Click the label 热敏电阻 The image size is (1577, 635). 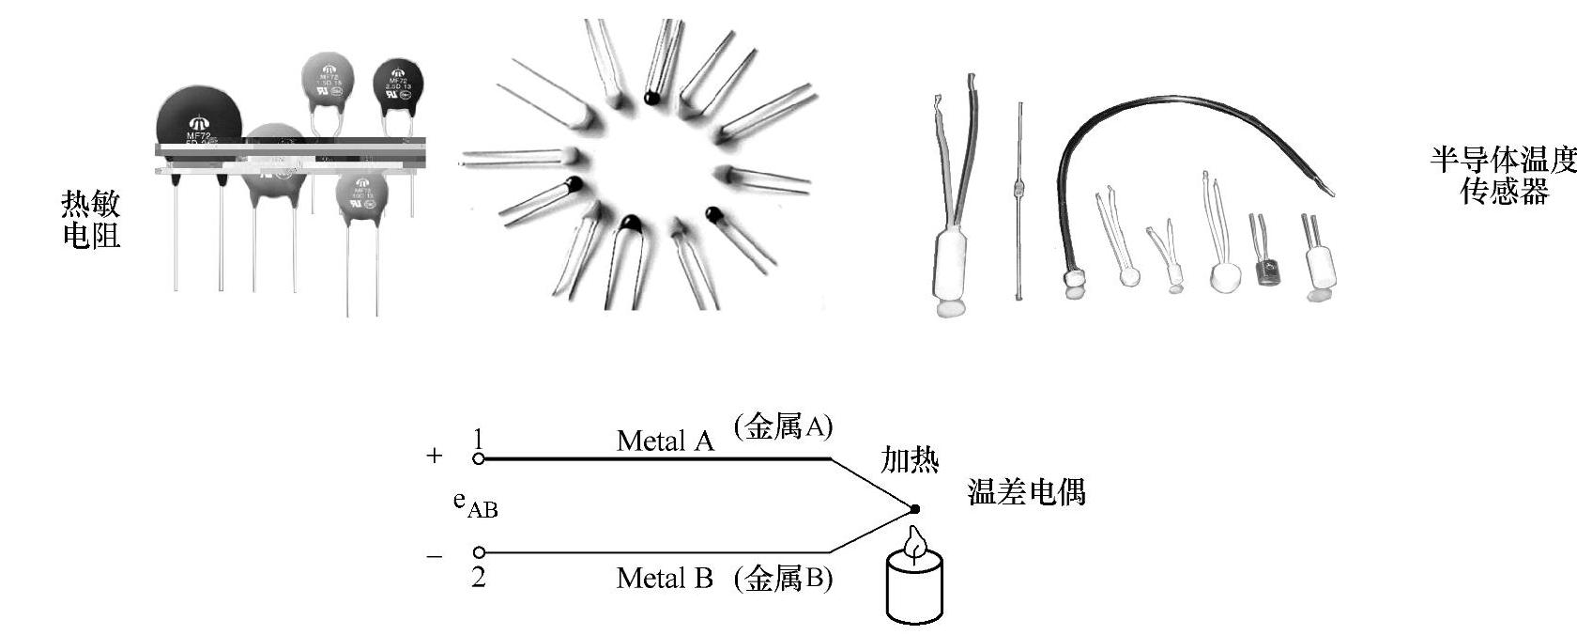(91, 218)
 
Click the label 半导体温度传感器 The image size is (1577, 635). (1503, 176)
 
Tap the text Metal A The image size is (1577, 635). (665, 441)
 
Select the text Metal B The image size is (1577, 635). (664, 578)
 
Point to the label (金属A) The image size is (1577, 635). (783, 427)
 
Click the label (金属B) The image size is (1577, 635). (783, 578)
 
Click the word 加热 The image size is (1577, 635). (909, 459)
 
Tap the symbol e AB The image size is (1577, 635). (474, 504)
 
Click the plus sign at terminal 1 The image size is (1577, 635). (434, 457)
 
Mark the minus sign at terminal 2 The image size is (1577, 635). (434, 556)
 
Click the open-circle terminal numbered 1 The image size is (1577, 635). (479, 459)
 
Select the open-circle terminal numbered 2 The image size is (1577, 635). (479, 552)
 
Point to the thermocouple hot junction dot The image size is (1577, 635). (914, 509)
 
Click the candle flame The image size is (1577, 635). (914, 543)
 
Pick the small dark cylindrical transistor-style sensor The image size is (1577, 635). (1267, 273)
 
